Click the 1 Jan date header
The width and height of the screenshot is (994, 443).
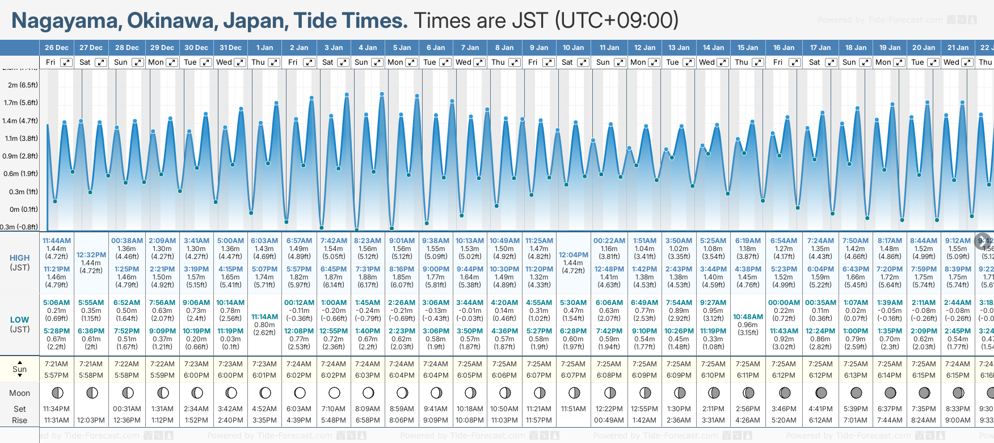pos(264,48)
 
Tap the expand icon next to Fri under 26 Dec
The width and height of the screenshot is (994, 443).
pos(66,62)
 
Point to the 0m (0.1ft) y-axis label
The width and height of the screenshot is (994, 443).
pos(20,209)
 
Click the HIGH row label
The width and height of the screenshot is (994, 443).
pos(20,258)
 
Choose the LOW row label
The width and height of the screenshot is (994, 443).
pos(20,320)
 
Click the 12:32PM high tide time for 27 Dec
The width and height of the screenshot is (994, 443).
pos(91,255)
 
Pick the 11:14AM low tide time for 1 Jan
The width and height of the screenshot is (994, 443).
pos(264,317)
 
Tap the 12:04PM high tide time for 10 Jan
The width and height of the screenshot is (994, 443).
pos(573,255)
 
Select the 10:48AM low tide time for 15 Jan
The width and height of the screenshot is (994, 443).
pos(748,317)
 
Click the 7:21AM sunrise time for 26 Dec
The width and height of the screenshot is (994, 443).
pos(56,364)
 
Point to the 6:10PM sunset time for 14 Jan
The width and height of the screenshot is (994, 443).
pos(713,375)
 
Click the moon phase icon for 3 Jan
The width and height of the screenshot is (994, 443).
pos(334,392)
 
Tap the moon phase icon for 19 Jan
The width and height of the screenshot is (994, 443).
pos(890,392)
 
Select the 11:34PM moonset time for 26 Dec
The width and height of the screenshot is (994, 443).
pos(56,409)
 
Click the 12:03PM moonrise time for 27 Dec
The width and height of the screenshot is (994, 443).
pos(91,420)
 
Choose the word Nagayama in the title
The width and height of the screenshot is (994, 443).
pos(65,21)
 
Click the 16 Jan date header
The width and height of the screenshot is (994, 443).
pos(784,48)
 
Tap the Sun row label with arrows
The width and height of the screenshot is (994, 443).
pos(20,369)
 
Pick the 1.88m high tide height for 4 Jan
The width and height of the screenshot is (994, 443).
pos(368,277)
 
